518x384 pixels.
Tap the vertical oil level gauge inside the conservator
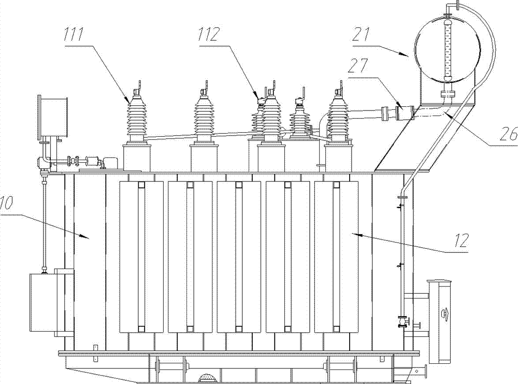[449, 49]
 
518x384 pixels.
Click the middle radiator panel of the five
[239, 257]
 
